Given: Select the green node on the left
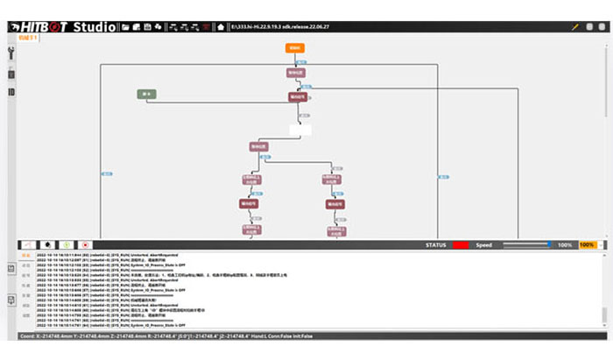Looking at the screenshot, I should [146, 94].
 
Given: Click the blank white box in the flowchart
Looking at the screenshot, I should [299, 130].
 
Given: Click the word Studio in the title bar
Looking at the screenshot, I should [93, 27].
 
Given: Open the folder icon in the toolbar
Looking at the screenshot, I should [125, 28].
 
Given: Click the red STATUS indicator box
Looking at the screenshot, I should [461, 244].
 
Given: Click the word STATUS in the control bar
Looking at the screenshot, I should [436, 244].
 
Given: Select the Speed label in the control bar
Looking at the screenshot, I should [483, 244].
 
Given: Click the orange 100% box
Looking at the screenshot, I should [587, 244].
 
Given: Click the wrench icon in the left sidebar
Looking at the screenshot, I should [11, 54].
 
